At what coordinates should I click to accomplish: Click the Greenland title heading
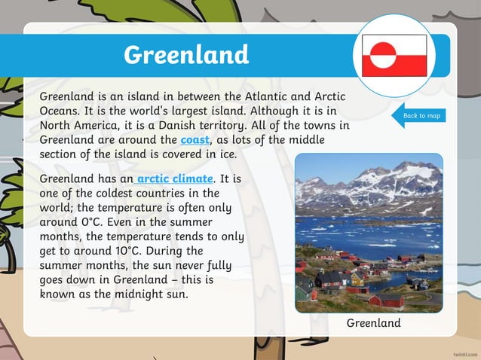pos(185,54)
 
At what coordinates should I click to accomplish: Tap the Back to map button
pos(421,115)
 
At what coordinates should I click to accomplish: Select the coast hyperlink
pos(195,139)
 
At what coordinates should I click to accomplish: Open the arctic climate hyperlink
pos(176,178)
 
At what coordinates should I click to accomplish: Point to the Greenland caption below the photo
pos(373,322)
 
